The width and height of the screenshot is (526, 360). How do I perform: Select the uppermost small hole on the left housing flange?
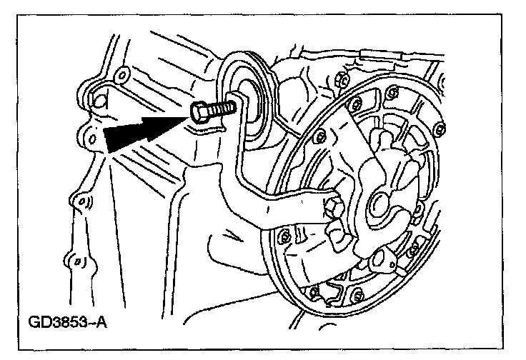(x=121, y=73)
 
